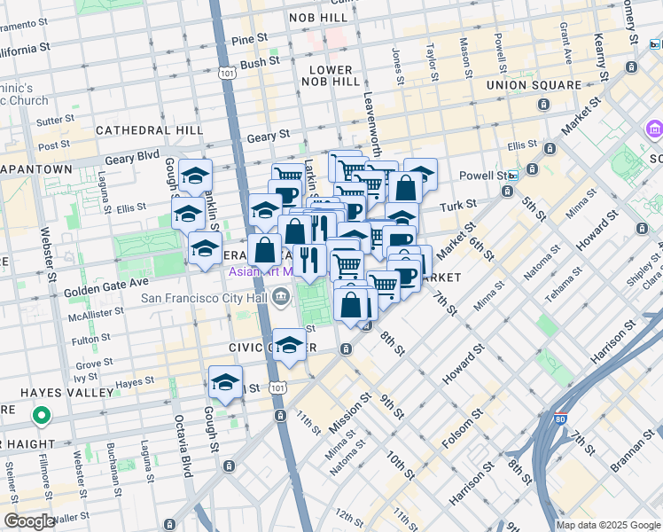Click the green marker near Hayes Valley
(41, 415)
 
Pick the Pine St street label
(249, 39)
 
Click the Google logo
(29, 521)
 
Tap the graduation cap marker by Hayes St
(225, 383)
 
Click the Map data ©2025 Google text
(609, 525)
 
